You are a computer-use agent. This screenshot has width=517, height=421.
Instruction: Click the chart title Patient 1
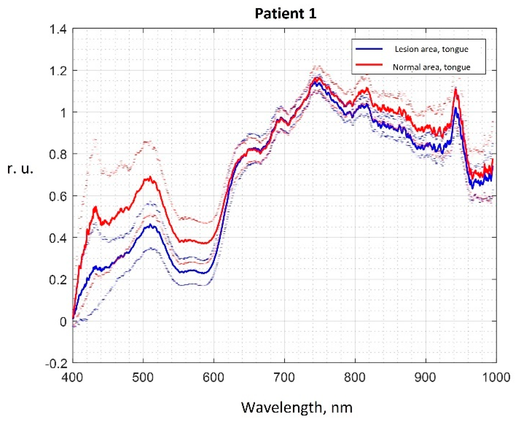click(x=285, y=13)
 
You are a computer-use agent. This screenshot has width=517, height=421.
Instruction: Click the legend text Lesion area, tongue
click(x=431, y=49)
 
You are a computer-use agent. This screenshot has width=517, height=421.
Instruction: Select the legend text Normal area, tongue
click(x=431, y=67)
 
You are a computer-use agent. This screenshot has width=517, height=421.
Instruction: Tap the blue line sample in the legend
click(x=369, y=49)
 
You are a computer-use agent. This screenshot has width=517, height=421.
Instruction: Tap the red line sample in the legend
click(x=369, y=64)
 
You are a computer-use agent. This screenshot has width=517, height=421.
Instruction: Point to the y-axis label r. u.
click(x=20, y=169)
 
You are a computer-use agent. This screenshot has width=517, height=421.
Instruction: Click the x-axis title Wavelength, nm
click(x=296, y=407)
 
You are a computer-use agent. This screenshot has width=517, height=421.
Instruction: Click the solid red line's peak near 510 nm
click(x=150, y=177)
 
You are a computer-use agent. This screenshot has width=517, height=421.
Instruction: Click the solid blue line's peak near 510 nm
click(x=150, y=225)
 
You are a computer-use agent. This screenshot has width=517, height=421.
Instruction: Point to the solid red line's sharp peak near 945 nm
click(x=456, y=89)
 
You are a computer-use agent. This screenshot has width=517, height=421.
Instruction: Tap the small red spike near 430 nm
click(x=95, y=207)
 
